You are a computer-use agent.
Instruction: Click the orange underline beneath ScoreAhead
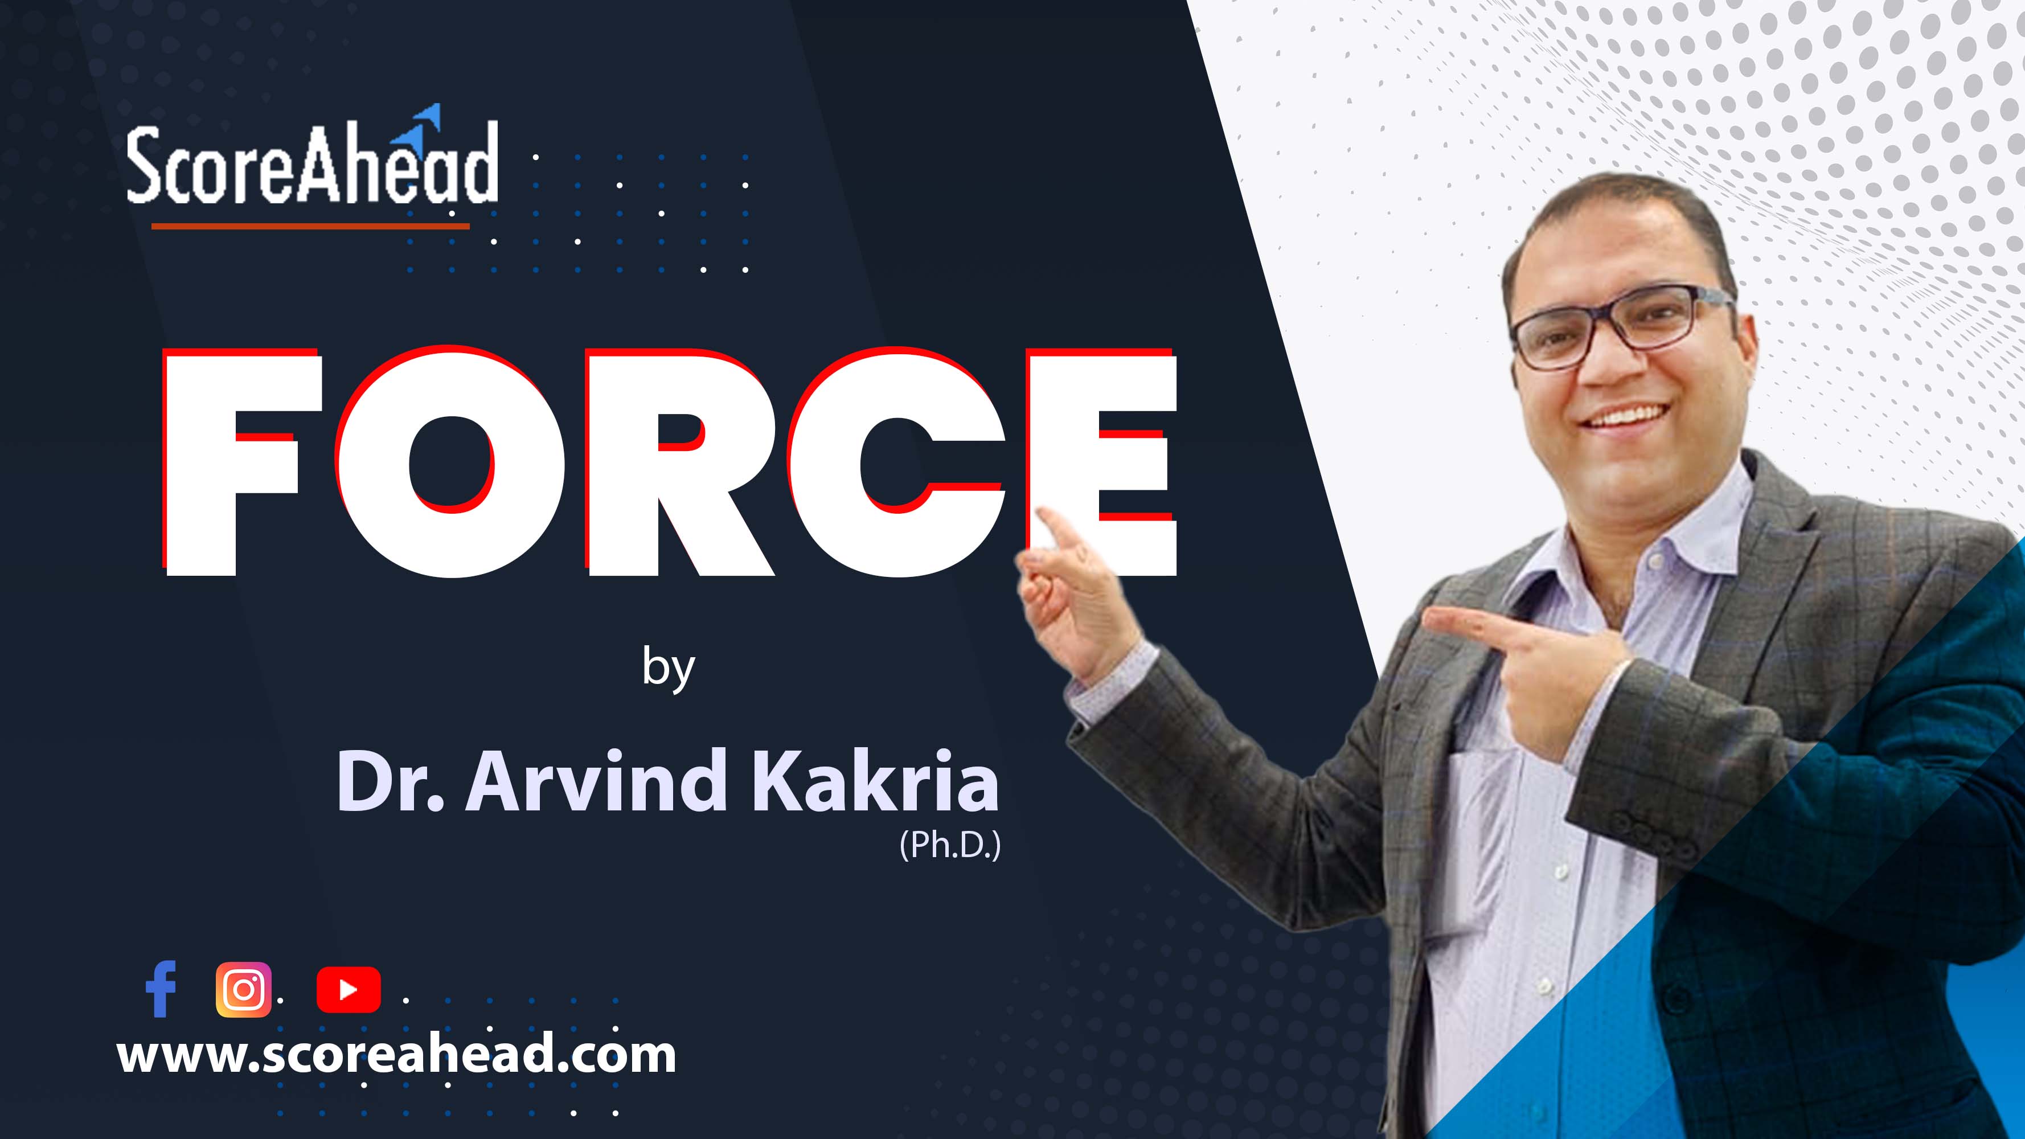tap(310, 227)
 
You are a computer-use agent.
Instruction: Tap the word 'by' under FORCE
tap(668, 667)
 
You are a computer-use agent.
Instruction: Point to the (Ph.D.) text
tap(950, 845)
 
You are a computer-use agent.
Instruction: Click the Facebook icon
tap(161, 989)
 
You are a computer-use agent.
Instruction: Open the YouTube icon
tap(349, 990)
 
